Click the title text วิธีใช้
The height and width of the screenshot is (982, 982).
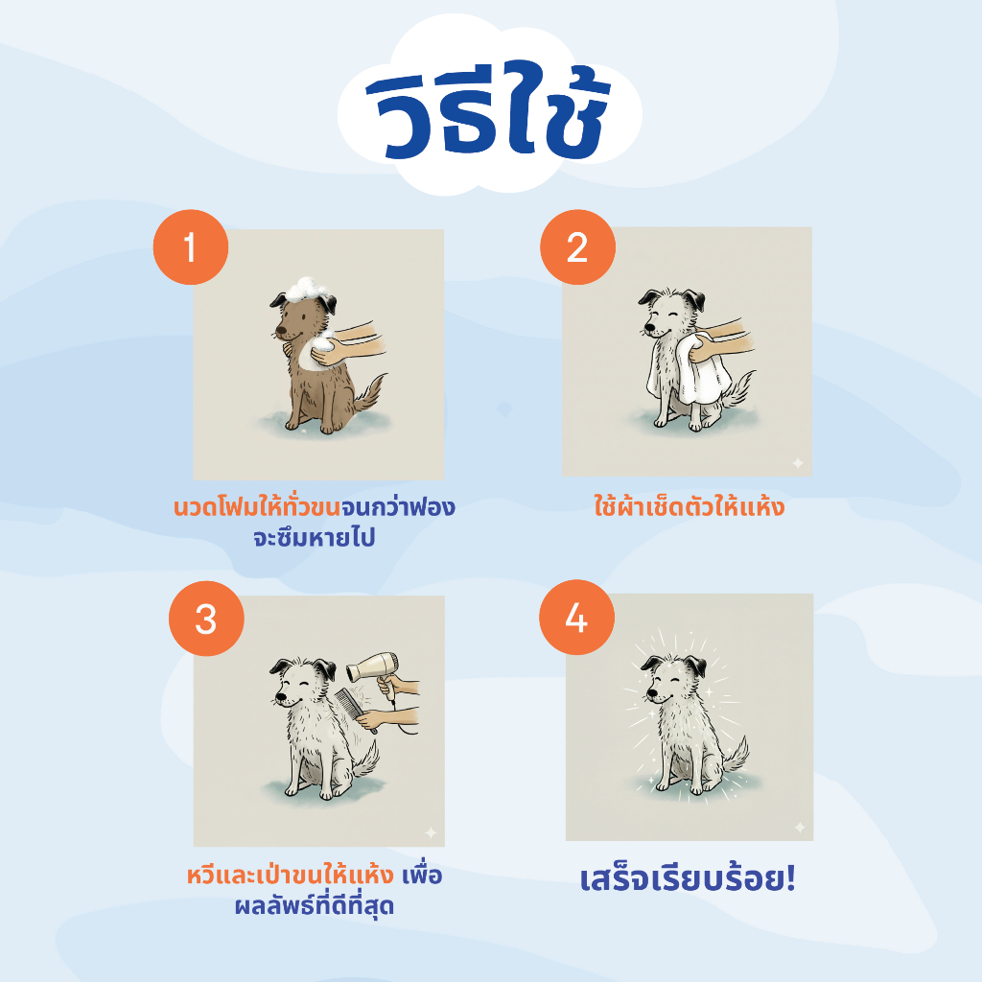[x=489, y=112]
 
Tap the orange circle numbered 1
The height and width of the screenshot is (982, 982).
[x=191, y=247]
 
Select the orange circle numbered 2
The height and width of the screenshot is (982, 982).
[x=576, y=247]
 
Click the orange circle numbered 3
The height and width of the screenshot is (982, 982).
[x=205, y=619]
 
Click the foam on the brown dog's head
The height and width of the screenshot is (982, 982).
[x=306, y=286]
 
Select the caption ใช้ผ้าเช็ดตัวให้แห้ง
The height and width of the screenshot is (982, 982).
[x=689, y=506]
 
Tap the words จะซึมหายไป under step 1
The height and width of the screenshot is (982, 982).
[x=314, y=538]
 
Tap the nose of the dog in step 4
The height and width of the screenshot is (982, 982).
[x=647, y=701]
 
